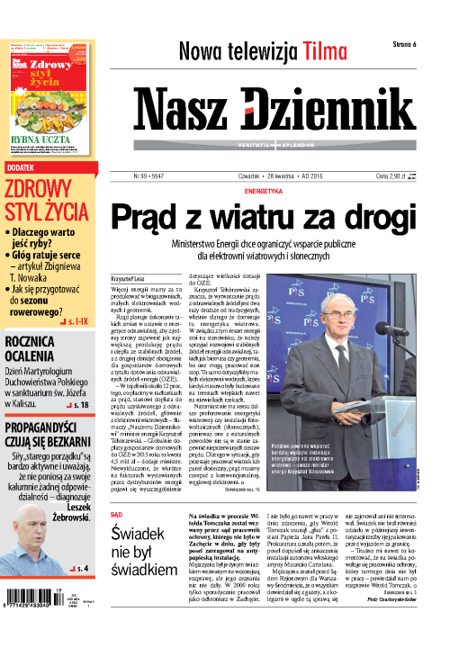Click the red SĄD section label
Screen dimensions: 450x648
pyautogui.click(x=115, y=514)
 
